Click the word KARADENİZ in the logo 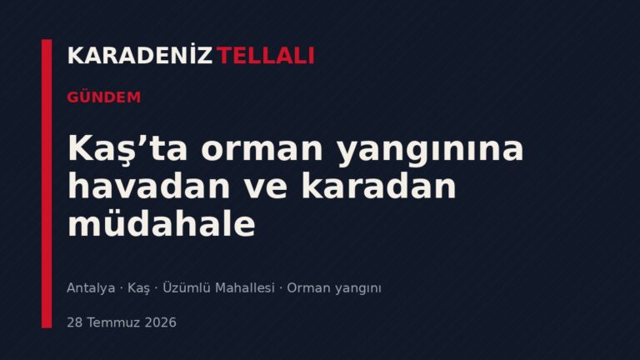(x=140, y=55)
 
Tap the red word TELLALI (x=265, y=56)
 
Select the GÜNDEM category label (x=103, y=97)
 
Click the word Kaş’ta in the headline (x=127, y=148)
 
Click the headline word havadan (x=149, y=185)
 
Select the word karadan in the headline (x=378, y=185)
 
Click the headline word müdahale (x=162, y=222)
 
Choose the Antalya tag (x=91, y=288)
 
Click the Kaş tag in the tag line (x=139, y=288)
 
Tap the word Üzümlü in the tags (x=186, y=287)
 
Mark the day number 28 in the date (x=75, y=322)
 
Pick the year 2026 (x=161, y=322)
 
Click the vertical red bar (x=47, y=183)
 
